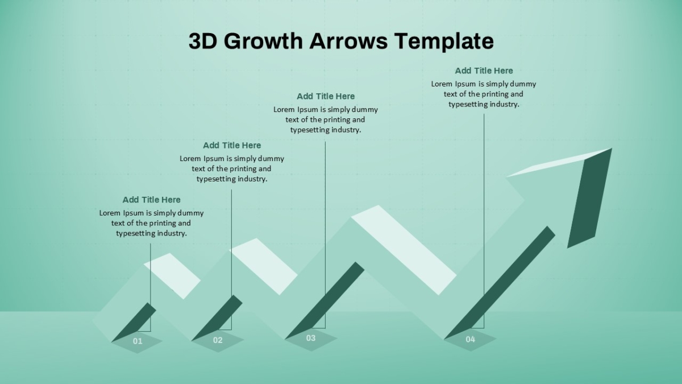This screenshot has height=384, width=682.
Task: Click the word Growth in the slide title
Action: coord(263,41)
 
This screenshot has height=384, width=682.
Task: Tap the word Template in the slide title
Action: coord(444,42)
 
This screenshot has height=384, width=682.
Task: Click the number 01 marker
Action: coord(138,341)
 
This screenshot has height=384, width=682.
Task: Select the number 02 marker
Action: coord(218,340)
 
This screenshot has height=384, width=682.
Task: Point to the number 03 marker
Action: coord(311,338)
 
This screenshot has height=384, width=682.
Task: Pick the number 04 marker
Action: coord(471,339)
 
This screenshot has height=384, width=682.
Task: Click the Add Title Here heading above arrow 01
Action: coord(151,200)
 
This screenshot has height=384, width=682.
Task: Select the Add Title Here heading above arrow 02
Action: coord(232,146)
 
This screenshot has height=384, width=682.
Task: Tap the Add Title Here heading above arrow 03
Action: coord(326,96)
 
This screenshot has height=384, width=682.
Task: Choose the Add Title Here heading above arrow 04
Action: coord(484,71)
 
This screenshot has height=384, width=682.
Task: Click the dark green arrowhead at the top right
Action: coord(589,198)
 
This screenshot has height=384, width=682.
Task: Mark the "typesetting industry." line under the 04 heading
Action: coord(484,104)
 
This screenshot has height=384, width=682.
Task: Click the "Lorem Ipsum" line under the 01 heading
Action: coord(151,213)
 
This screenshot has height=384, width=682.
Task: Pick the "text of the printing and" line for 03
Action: coord(325,120)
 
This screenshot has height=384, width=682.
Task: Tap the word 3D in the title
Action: coord(203,41)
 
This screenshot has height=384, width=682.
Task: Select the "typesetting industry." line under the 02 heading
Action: coord(232,179)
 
